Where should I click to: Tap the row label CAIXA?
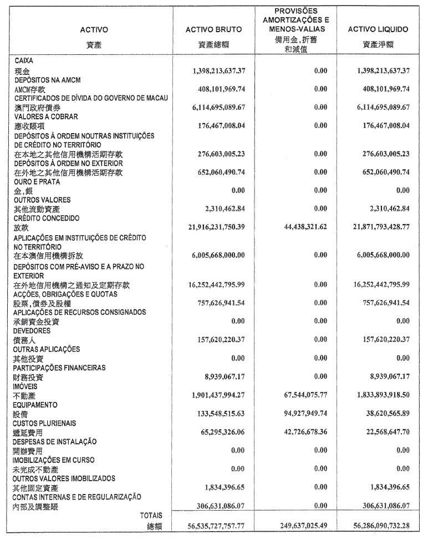coord(24,61)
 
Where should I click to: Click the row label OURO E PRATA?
coord(37,182)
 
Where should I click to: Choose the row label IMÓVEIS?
coord(26,387)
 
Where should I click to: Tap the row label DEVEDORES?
coord(33,331)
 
